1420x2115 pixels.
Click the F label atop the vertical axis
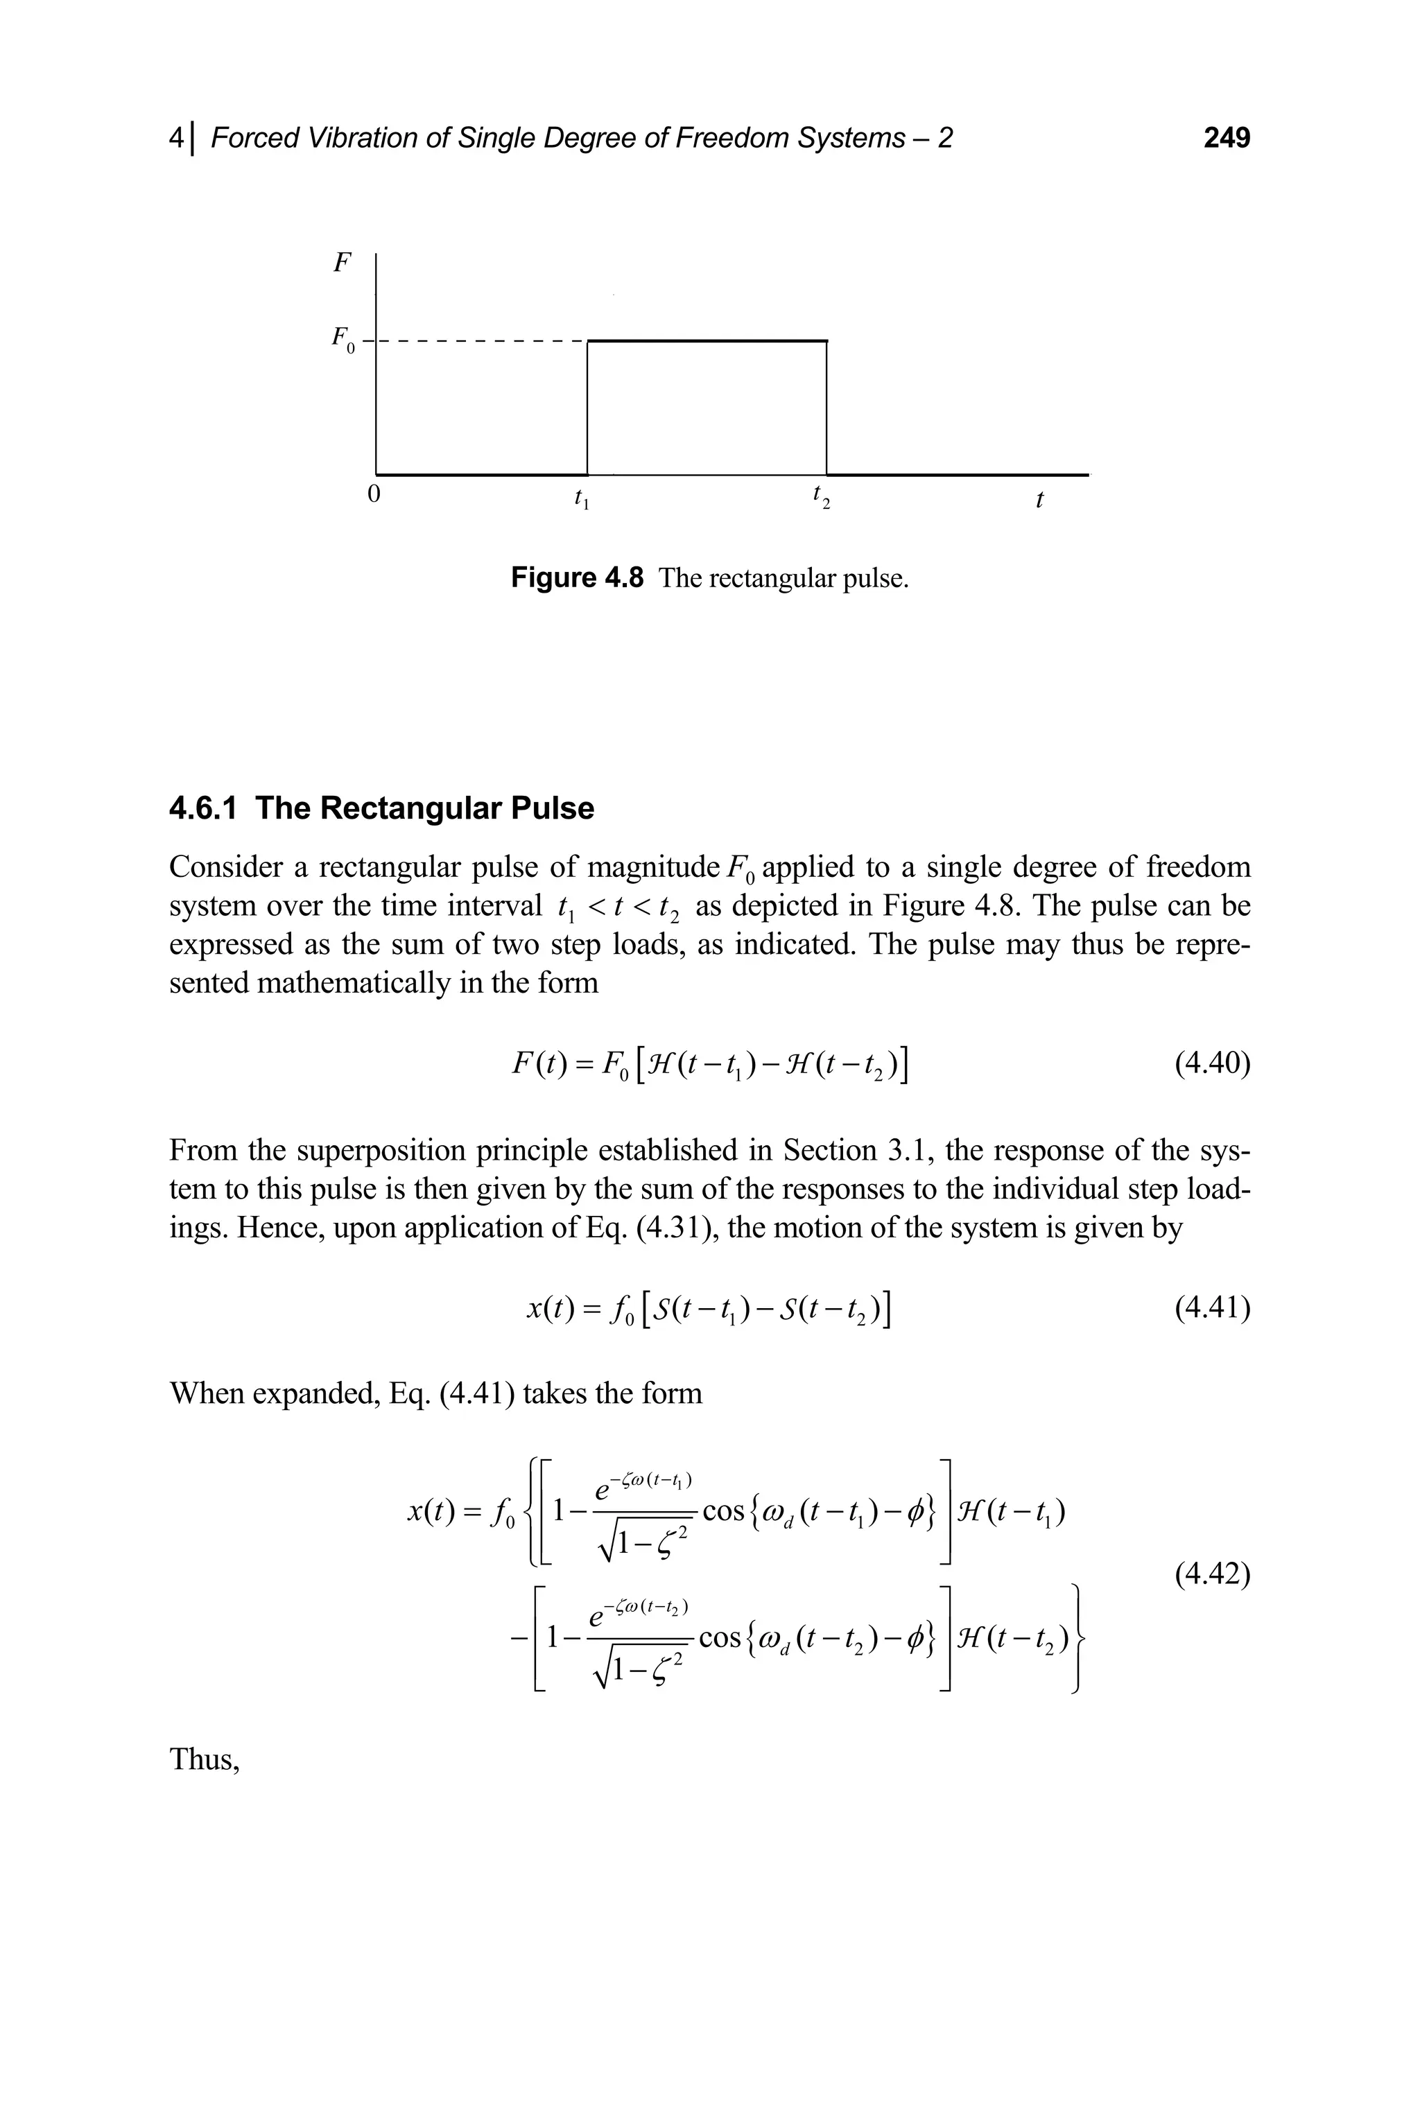[x=341, y=263]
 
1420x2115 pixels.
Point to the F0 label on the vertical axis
[x=340, y=340]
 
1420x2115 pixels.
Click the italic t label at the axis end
[x=1039, y=499]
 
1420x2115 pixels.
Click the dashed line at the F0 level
[x=480, y=341]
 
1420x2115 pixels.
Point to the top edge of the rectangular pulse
[x=707, y=340]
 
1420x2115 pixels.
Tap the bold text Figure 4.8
[x=577, y=577]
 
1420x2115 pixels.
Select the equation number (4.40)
[x=1213, y=1063]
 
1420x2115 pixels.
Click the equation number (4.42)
[x=1213, y=1576]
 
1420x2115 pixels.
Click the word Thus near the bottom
[x=204, y=1784]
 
